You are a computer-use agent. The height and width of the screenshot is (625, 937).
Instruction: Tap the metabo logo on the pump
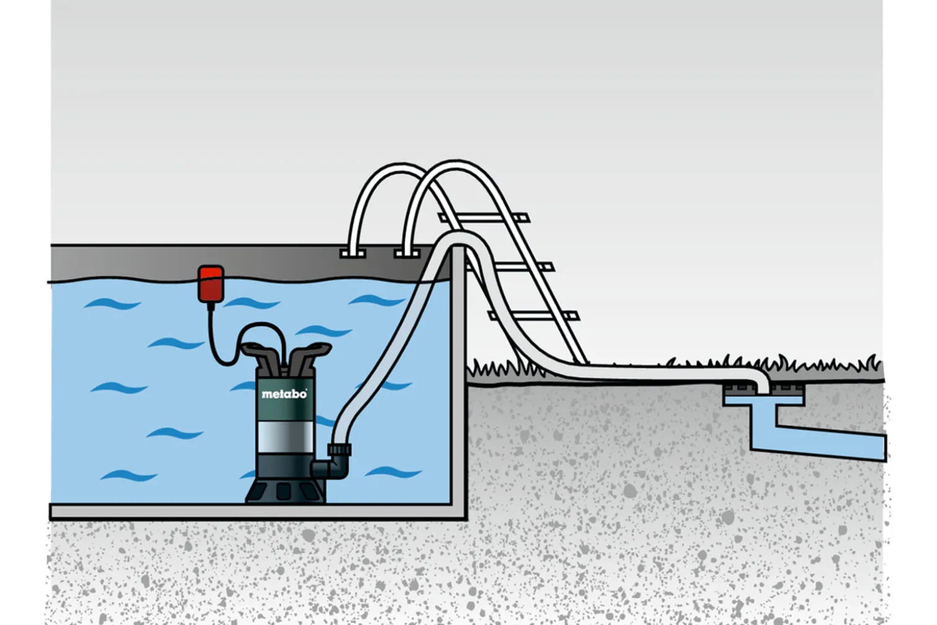284,394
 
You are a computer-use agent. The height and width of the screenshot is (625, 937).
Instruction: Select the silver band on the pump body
285,437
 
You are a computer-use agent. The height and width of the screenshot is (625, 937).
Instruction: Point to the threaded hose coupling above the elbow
339,450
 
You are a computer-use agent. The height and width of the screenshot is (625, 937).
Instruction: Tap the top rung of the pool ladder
483,218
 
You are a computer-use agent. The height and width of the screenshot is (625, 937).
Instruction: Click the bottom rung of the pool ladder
534,315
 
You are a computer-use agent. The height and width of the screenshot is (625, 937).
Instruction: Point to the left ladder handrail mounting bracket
352,253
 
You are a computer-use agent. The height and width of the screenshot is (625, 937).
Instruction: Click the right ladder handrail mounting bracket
406,253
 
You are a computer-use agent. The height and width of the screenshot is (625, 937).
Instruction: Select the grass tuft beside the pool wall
498,369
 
